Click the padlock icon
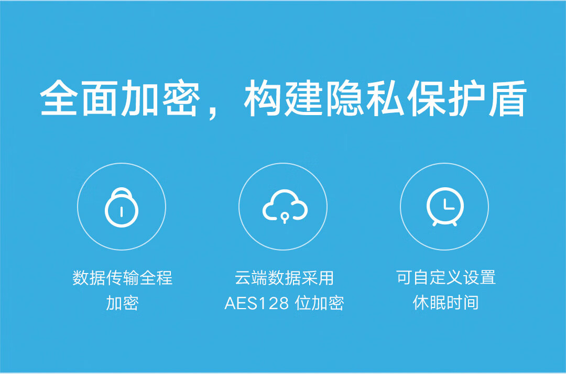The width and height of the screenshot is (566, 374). tap(121, 207)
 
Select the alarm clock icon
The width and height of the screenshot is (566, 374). tap(445, 207)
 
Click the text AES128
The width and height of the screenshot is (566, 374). tap(256, 303)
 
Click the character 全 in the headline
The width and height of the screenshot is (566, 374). tap(59, 98)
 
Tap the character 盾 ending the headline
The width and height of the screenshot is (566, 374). tap(507, 98)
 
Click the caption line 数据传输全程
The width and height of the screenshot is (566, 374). tap(122, 278)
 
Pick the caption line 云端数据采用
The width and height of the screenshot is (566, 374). tap(284, 278)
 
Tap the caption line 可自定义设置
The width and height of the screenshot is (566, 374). tap(446, 277)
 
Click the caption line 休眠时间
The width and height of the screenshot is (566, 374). tap(446, 302)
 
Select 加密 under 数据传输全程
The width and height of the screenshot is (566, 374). tap(122, 303)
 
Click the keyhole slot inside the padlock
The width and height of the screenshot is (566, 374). tap(121, 211)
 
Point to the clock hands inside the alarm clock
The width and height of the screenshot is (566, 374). tap(448, 205)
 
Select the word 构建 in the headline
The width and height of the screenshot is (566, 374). tap(282, 98)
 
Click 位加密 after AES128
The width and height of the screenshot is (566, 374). tap(320, 303)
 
